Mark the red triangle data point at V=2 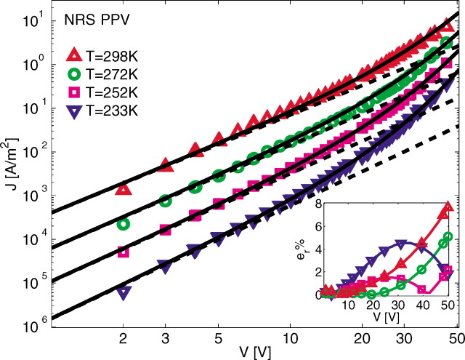[x=124, y=189]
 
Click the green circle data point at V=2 [x=124, y=224]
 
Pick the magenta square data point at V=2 [x=124, y=252]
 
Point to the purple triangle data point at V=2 [x=124, y=293]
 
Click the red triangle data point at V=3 [x=166, y=166]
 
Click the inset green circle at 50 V [x=448, y=236]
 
